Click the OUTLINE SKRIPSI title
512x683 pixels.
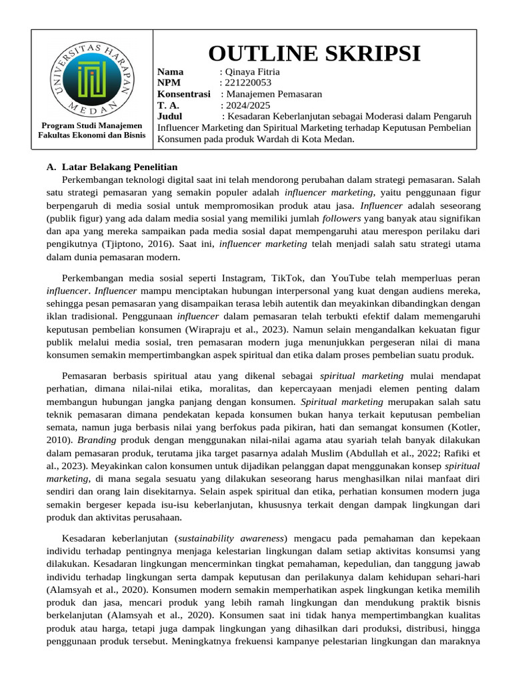(x=315, y=53)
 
